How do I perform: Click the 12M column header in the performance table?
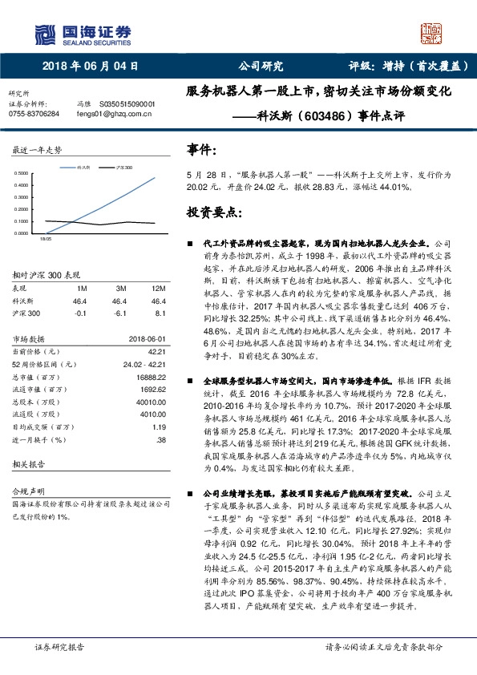(158, 287)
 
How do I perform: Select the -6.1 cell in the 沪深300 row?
(120, 314)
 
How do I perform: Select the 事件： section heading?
(202, 149)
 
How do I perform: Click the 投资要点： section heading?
(212, 212)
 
